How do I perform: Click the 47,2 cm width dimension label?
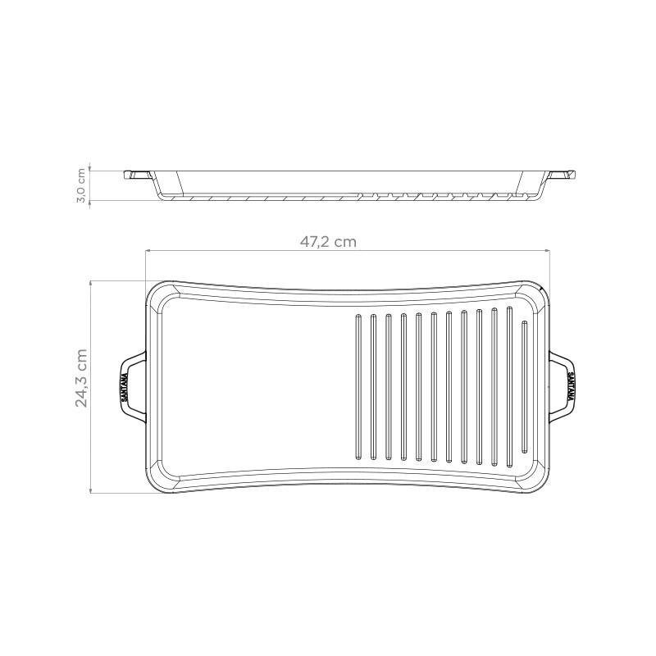328,242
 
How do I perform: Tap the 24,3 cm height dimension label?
81,378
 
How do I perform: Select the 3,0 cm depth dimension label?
81,185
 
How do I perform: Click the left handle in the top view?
133,387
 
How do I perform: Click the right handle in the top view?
562,387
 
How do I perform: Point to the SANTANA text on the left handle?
125,387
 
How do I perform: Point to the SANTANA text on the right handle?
571,387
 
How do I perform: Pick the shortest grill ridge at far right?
525,386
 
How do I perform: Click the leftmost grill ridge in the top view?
358,387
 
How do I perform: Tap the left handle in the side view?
137,175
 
